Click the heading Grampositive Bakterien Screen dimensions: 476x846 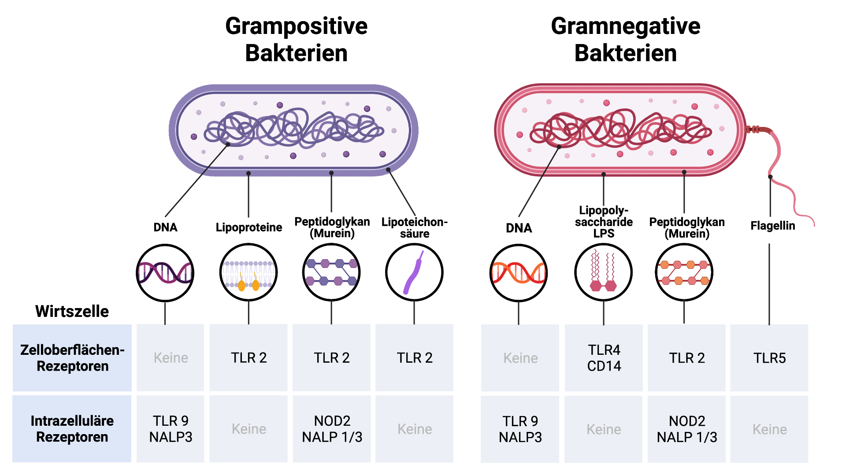pyautogui.click(x=296, y=40)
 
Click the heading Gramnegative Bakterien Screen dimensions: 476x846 pyautogui.click(x=625, y=40)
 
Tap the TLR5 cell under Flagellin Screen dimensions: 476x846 pyautogui.click(x=769, y=358)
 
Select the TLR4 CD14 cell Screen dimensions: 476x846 pyautogui.click(x=604, y=358)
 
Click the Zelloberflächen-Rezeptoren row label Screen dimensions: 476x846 pyautogui.click(x=72, y=358)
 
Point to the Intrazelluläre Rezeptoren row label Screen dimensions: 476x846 pyautogui.click(x=72, y=429)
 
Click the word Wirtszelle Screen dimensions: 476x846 pyautogui.click(x=72, y=311)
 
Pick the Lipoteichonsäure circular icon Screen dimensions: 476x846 pyautogui.click(x=414, y=272)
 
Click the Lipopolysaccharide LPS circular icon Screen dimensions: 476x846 pyautogui.click(x=603, y=272)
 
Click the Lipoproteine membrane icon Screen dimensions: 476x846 pyautogui.click(x=249, y=272)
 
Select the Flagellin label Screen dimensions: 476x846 pyautogui.click(x=772, y=226)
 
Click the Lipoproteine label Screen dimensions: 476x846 pyautogui.click(x=249, y=227)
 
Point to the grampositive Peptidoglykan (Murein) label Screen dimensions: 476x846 pyautogui.click(x=332, y=227)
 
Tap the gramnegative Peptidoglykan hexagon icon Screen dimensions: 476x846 pyautogui.click(x=684, y=272)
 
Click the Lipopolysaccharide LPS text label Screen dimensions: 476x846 pyautogui.click(x=604, y=222)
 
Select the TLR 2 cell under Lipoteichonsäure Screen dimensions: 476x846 pyautogui.click(x=414, y=358)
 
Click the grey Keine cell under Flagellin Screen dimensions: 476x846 pyautogui.click(x=769, y=429)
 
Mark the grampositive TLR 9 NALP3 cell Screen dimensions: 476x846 pyautogui.click(x=171, y=429)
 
